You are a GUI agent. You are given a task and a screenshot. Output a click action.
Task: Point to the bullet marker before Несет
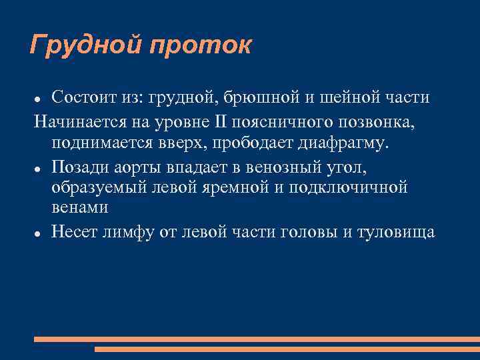tap(39, 233)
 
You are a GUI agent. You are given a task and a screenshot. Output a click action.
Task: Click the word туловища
tap(396, 233)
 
